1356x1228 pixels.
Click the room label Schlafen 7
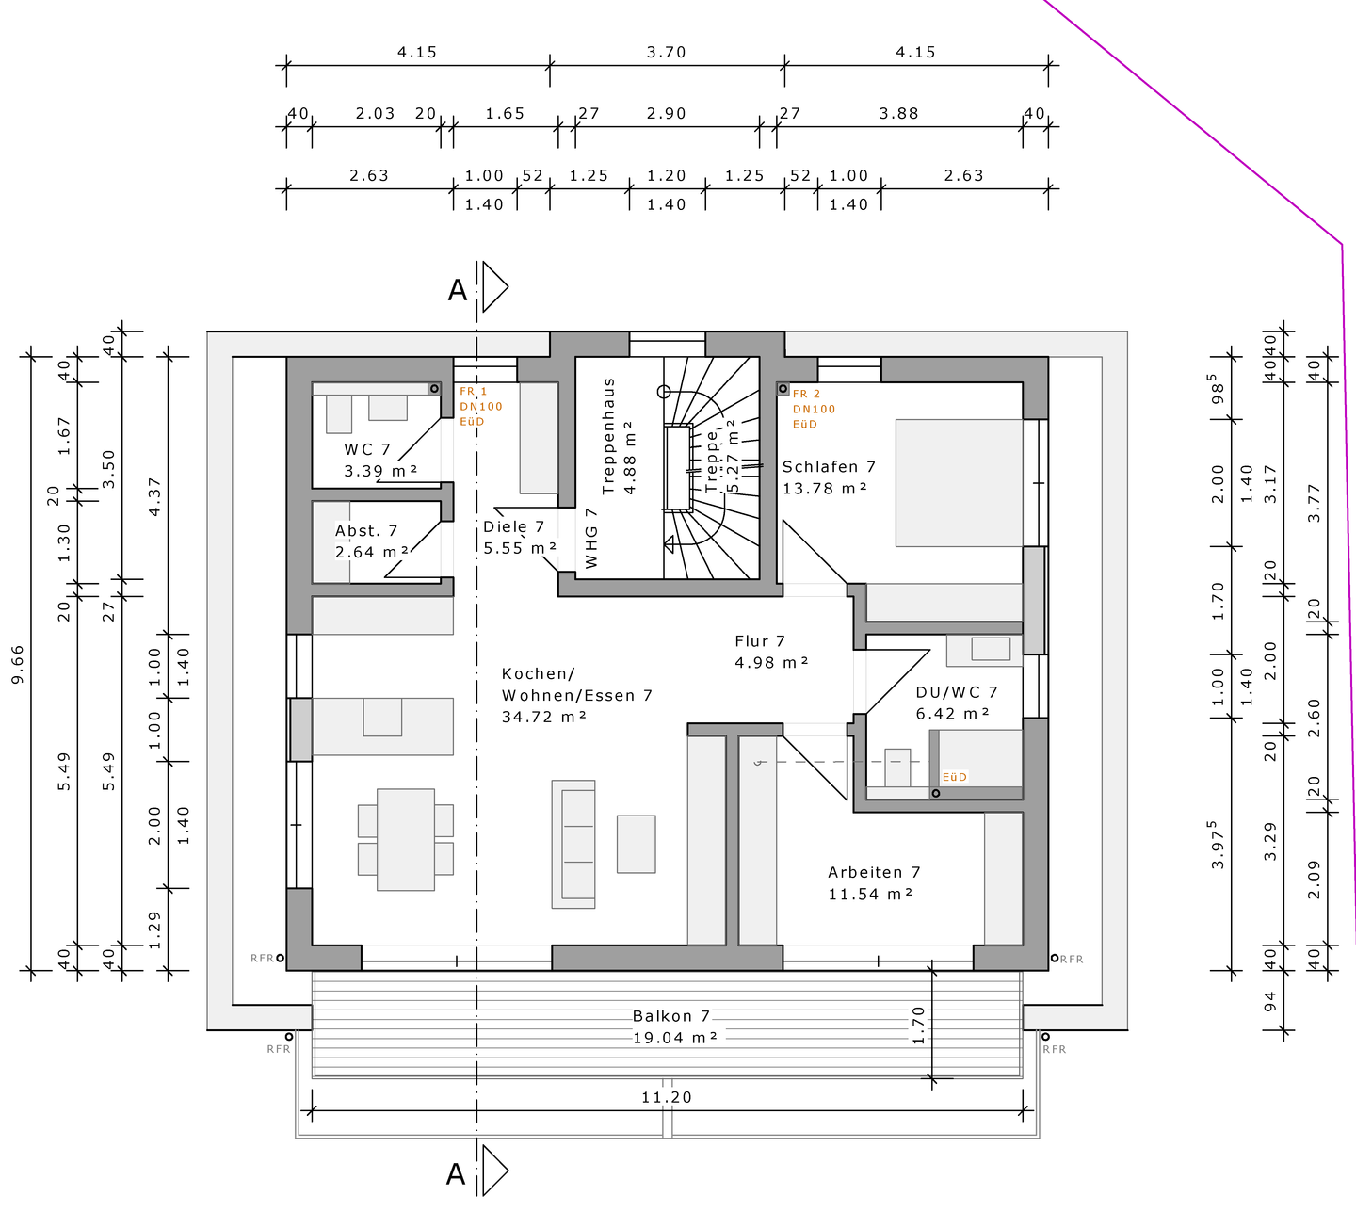829,466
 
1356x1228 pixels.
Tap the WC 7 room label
367,449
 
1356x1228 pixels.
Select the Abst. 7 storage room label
366,531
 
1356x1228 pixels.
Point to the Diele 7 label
514,526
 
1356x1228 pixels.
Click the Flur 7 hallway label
760,641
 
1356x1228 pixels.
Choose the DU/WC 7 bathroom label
957,692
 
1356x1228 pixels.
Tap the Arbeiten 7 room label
874,872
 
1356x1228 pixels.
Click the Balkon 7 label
671,1016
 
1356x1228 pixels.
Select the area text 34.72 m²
543,717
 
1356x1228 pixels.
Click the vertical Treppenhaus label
608,436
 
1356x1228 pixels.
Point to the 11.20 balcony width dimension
667,1097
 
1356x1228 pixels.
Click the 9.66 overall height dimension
18,664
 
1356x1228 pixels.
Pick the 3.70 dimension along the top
667,52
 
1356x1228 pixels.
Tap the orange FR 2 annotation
806,394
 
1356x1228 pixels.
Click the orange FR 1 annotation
473,391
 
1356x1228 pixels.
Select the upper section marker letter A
458,290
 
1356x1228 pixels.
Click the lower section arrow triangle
495,1170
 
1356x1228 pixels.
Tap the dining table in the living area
406,839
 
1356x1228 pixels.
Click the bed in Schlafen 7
960,483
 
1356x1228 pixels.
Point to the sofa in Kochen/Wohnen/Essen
573,844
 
